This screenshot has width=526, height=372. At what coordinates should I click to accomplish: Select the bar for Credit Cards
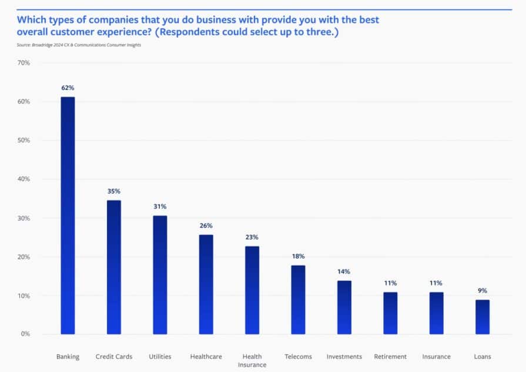(x=113, y=267)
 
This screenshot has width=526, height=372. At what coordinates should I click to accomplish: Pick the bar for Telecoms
(x=299, y=300)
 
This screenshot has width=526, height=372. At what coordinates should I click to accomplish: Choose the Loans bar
(x=482, y=317)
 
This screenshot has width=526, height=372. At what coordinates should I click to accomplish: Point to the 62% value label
(x=68, y=88)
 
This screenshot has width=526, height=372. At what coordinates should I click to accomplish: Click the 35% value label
(x=113, y=192)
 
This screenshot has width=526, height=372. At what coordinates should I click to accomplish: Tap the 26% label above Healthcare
(x=206, y=226)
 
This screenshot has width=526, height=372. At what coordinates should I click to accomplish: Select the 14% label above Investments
(x=344, y=272)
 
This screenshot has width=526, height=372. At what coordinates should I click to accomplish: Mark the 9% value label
(x=482, y=291)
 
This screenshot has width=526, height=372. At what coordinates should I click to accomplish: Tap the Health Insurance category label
(x=252, y=361)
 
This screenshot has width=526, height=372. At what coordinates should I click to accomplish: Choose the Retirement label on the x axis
(x=390, y=357)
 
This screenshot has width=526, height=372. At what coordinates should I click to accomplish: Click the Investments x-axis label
(x=344, y=357)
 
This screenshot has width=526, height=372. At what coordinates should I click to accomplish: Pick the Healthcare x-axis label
(x=206, y=357)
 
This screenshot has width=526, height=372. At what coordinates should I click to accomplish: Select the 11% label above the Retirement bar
(x=390, y=283)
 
